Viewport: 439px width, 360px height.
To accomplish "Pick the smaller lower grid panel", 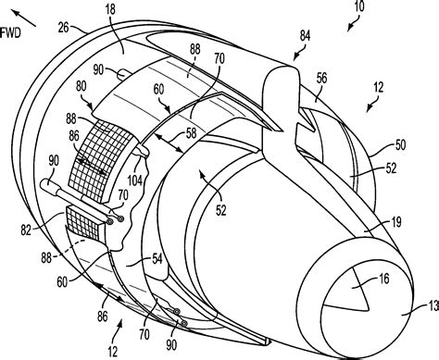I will [x=84, y=225].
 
